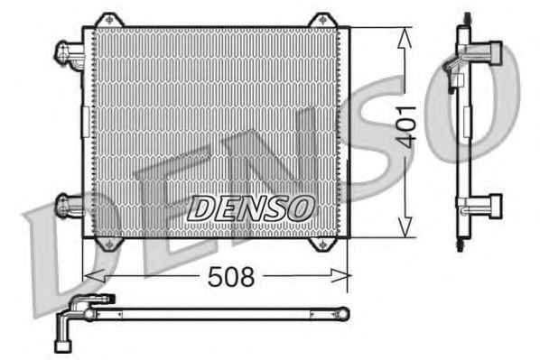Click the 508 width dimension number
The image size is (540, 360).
tap(231, 276)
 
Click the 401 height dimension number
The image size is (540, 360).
tap(405, 127)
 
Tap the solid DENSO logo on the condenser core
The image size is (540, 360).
tap(250, 208)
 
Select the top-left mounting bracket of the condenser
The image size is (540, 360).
tap(109, 20)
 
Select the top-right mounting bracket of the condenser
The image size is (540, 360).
tap(322, 20)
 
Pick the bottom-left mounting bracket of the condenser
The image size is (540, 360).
tap(109, 244)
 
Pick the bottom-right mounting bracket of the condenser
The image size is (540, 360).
tap(322, 244)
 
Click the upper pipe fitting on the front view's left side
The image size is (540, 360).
tap(69, 55)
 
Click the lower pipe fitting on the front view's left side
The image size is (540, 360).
tap(70, 206)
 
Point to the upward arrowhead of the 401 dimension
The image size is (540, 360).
tap(405, 39)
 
